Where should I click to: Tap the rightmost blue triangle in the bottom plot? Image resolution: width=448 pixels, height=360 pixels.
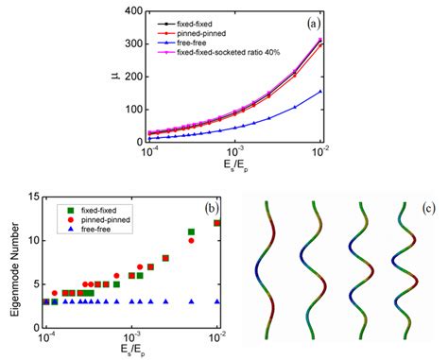tap(218, 301)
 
